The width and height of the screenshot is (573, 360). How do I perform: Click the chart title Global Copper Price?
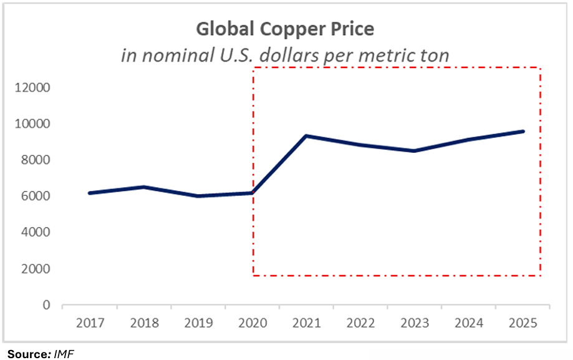pyautogui.click(x=286, y=29)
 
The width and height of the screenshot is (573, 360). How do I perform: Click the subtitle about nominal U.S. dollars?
pyautogui.click(x=285, y=55)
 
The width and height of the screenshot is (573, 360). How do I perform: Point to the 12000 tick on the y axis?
pyautogui.click(x=32, y=88)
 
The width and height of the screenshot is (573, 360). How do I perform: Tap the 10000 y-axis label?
pyautogui.click(x=32, y=124)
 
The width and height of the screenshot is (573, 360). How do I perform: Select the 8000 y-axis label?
pyautogui.click(x=35, y=160)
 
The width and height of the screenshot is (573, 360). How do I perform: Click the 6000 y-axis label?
pyautogui.click(x=35, y=197)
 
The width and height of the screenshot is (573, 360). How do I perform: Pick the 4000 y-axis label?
pyautogui.click(x=35, y=233)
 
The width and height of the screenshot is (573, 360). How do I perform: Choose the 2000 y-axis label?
pyautogui.click(x=35, y=269)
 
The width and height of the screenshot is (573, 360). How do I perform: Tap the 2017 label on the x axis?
pyautogui.click(x=90, y=323)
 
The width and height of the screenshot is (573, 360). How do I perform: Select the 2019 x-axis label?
pyautogui.click(x=198, y=323)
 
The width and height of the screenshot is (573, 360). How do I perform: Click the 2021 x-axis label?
pyautogui.click(x=307, y=323)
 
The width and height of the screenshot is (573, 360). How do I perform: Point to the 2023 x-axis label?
pyautogui.click(x=415, y=323)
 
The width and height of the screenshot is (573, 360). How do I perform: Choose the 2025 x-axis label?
pyautogui.click(x=524, y=323)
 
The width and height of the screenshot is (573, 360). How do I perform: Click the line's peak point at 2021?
pyautogui.click(x=307, y=136)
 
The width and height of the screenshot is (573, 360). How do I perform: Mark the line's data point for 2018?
pyautogui.click(x=144, y=187)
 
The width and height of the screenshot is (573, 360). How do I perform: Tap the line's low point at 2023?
pyautogui.click(x=415, y=151)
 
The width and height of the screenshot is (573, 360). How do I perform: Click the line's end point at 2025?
pyautogui.click(x=523, y=132)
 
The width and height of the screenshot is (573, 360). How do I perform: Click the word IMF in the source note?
pyautogui.click(x=64, y=353)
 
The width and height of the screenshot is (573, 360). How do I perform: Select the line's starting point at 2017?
pyautogui.click(x=90, y=193)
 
